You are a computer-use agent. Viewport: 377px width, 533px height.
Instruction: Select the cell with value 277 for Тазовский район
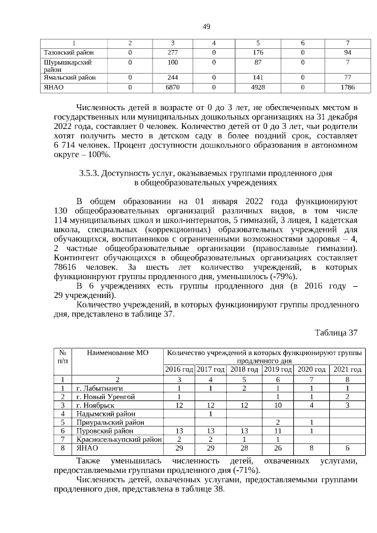click(x=173, y=52)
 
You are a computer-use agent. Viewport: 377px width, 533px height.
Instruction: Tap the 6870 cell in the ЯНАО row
click(x=173, y=87)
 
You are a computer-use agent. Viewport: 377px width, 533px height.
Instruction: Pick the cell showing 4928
click(x=258, y=87)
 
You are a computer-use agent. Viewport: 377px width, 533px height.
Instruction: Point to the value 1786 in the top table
click(x=348, y=87)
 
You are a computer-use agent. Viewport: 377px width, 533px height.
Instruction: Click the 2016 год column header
click(x=178, y=369)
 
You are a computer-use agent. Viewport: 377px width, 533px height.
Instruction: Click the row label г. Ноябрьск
click(x=95, y=405)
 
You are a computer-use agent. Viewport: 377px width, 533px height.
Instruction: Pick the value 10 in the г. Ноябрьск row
click(x=277, y=405)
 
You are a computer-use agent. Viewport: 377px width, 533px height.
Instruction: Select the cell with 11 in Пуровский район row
click(x=277, y=431)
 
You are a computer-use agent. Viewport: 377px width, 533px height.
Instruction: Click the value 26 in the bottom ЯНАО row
click(x=277, y=448)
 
